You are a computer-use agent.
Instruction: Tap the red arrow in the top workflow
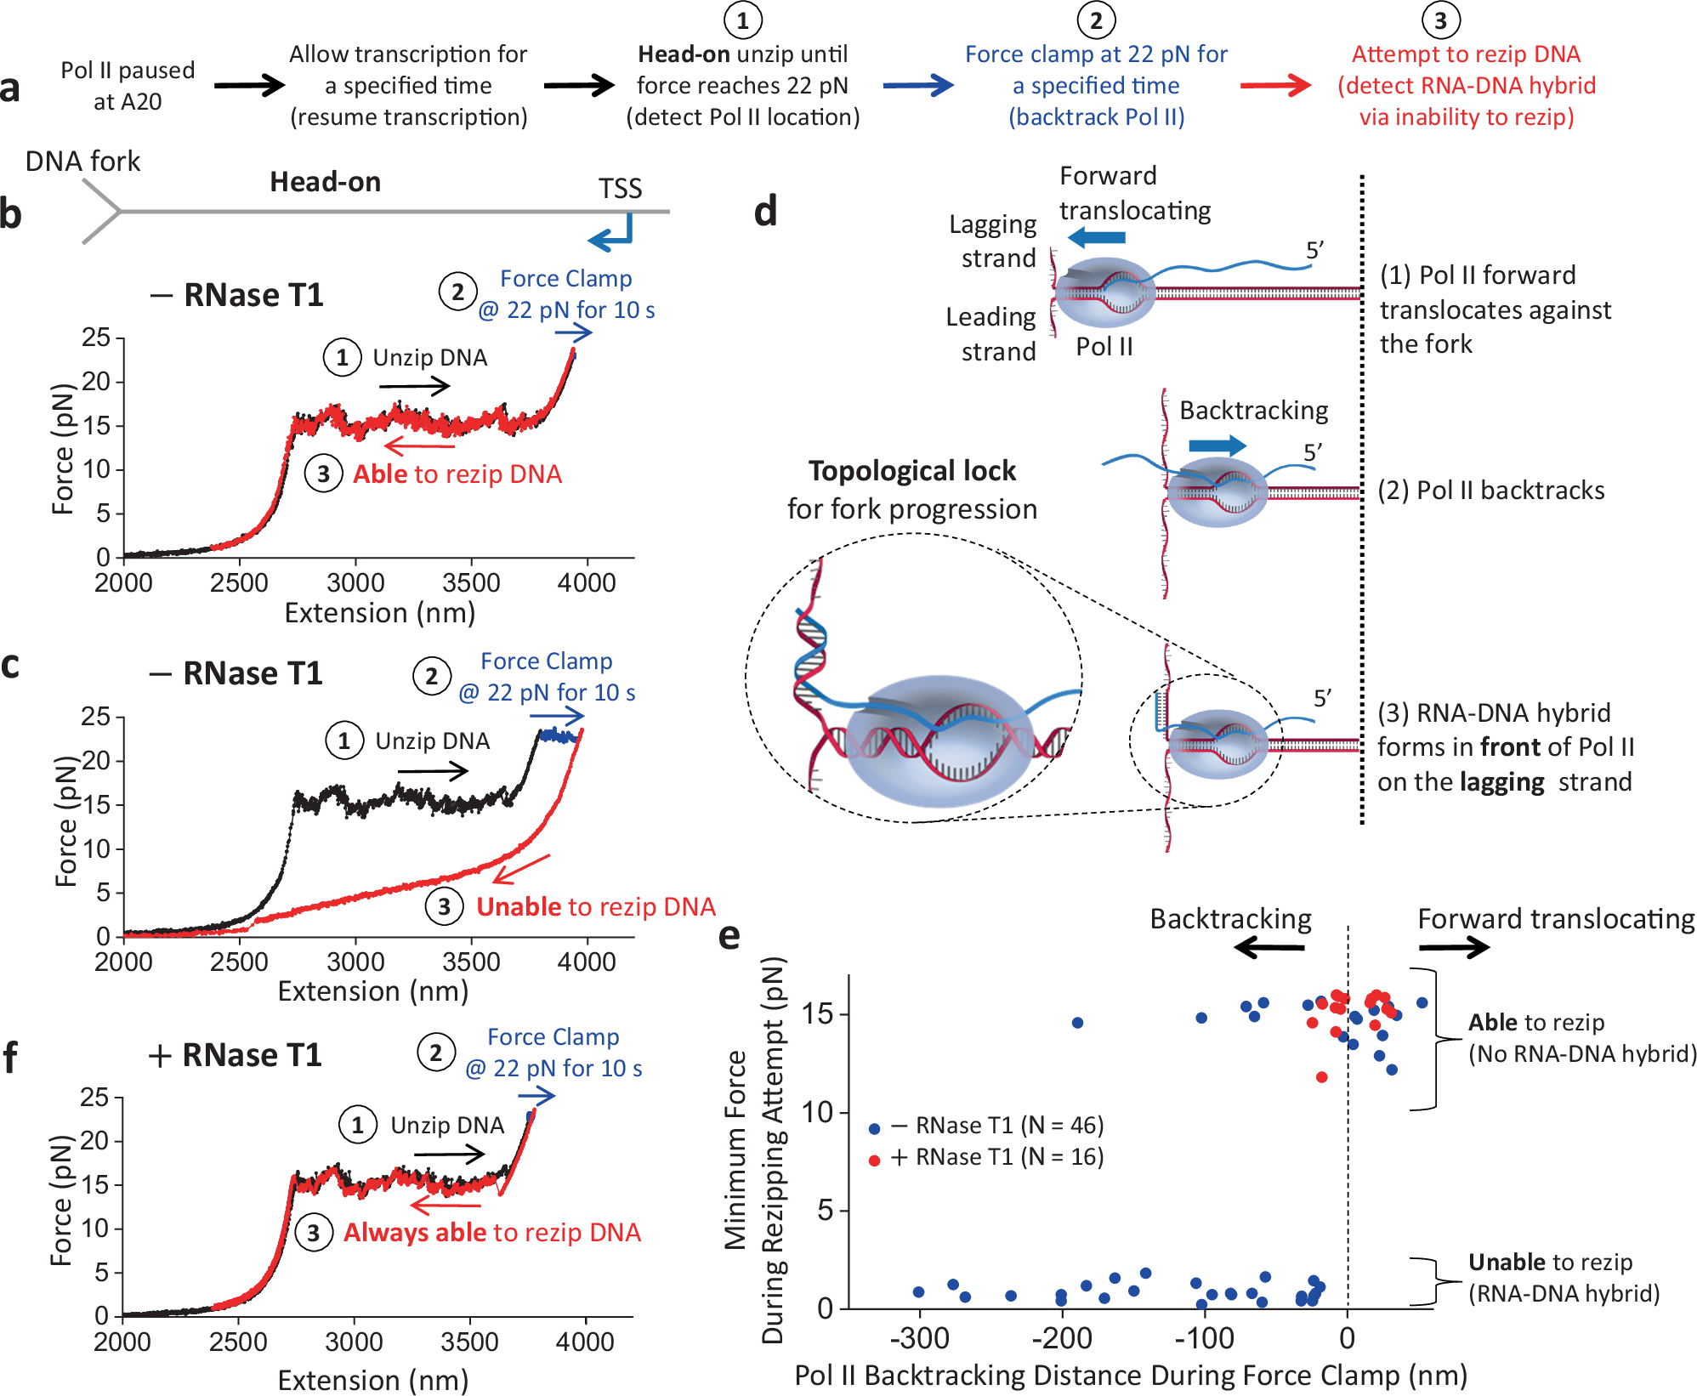1275,85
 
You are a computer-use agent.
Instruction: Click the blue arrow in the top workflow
917,85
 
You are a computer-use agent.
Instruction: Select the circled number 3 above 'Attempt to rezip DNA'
1440,20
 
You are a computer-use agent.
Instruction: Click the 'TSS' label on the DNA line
620,189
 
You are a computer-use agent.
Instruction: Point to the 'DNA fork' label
82,162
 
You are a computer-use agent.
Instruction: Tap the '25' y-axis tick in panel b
96,338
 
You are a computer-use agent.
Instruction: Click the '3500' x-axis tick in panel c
470,962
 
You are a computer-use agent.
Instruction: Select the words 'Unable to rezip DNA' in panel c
595,907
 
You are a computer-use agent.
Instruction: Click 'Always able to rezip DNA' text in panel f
491,1233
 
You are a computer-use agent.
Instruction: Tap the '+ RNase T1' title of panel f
236,1055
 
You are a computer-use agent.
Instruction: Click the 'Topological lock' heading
911,471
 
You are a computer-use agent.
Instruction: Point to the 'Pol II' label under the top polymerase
1104,347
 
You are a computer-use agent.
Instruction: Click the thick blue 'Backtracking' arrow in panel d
1217,445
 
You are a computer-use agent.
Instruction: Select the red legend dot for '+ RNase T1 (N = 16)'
874,1160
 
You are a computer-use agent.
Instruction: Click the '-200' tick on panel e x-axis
1061,1339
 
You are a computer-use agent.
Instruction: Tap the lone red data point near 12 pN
1321,1077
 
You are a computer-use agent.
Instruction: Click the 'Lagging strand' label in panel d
992,241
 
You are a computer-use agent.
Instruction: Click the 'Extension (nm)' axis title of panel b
379,613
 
